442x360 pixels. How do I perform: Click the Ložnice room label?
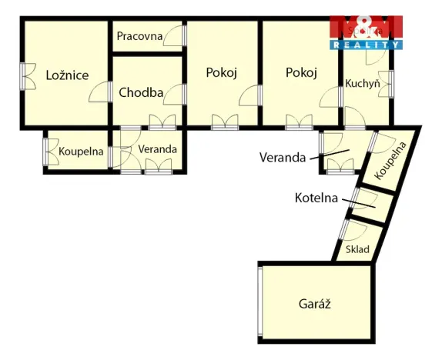point(67,75)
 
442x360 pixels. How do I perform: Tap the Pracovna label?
point(139,36)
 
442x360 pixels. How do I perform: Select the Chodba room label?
point(141,93)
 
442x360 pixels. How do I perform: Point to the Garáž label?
point(314,303)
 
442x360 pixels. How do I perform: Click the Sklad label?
point(357,249)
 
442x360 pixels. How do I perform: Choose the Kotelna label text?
point(316,198)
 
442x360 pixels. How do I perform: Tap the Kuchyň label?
point(363,83)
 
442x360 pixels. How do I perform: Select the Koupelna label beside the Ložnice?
point(81,152)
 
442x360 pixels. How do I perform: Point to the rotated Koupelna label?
point(390,162)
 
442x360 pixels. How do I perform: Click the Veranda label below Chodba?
point(158,149)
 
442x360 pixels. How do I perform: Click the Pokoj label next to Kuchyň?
point(301,73)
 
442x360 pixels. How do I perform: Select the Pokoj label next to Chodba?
point(221,73)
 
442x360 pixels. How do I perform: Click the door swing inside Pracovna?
point(176,35)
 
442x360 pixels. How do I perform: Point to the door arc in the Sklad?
point(353,231)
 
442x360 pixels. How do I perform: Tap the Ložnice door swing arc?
point(98,93)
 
